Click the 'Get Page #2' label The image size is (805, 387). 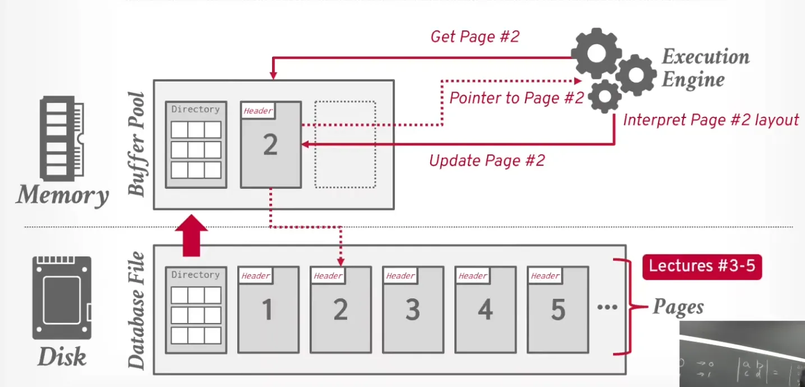click(x=475, y=37)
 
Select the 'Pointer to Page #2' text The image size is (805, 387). click(x=517, y=98)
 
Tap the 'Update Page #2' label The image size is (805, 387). click(x=487, y=161)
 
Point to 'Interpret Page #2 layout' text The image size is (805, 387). click(x=711, y=120)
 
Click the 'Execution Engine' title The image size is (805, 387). click(x=705, y=68)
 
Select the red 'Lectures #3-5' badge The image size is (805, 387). click(x=702, y=266)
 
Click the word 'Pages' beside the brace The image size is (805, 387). click(x=678, y=307)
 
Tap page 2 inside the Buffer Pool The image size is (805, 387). click(x=270, y=145)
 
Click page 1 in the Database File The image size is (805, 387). click(x=268, y=310)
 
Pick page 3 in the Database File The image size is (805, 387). click(x=412, y=310)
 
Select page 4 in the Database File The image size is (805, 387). click(x=485, y=310)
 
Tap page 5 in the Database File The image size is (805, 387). click(x=557, y=310)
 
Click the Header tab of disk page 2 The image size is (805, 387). click(x=328, y=276)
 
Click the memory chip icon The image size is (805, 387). click(x=62, y=137)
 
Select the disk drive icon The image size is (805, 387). click(x=62, y=298)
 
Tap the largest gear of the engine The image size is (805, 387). click(x=596, y=53)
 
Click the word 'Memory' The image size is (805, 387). click(x=62, y=195)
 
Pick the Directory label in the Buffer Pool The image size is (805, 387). click(x=195, y=110)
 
